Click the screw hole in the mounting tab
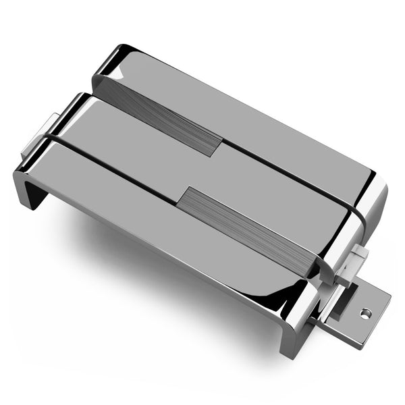(x=365, y=312)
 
